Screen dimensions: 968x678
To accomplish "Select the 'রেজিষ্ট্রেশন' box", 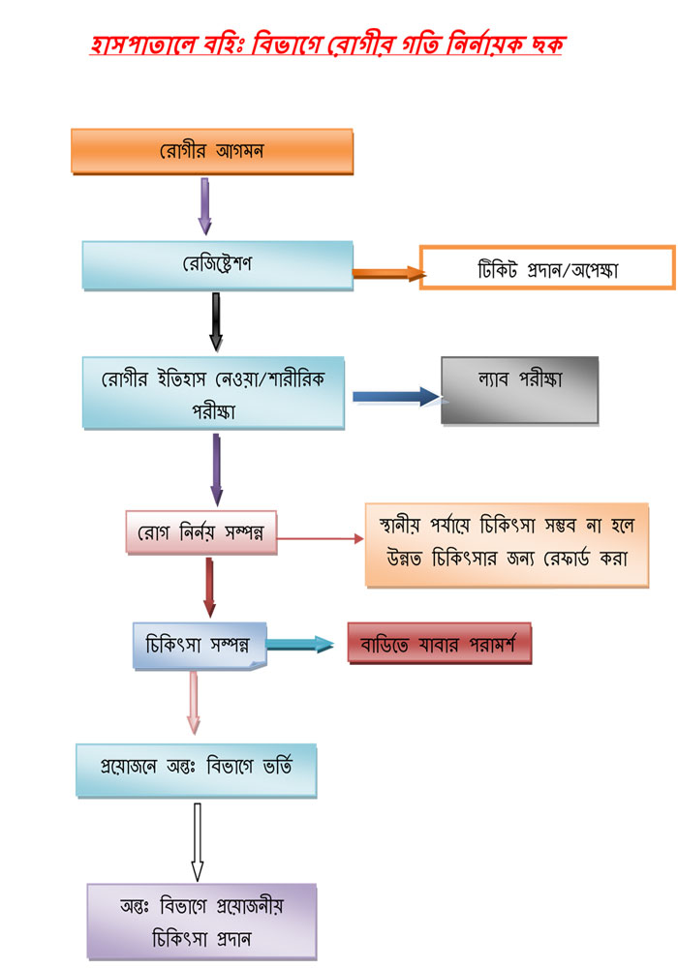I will [x=217, y=264].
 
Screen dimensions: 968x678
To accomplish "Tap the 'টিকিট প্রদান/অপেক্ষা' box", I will [x=547, y=268].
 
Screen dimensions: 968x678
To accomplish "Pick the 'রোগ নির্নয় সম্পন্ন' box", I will [x=201, y=531].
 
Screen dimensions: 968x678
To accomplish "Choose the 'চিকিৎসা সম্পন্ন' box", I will [x=199, y=645].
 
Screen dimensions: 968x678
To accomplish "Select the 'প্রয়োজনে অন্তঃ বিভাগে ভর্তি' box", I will [x=197, y=770].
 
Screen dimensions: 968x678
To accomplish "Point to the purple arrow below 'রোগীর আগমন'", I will [x=204, y=205].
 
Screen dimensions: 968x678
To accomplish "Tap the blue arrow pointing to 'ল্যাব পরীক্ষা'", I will [x=397, y=396].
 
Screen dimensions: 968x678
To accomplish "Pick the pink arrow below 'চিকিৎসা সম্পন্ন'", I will [x=194, y=704].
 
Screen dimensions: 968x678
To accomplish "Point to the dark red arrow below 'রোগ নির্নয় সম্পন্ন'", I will [x=208, y=587].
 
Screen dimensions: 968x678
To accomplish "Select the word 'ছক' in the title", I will [x=544, y=44].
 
